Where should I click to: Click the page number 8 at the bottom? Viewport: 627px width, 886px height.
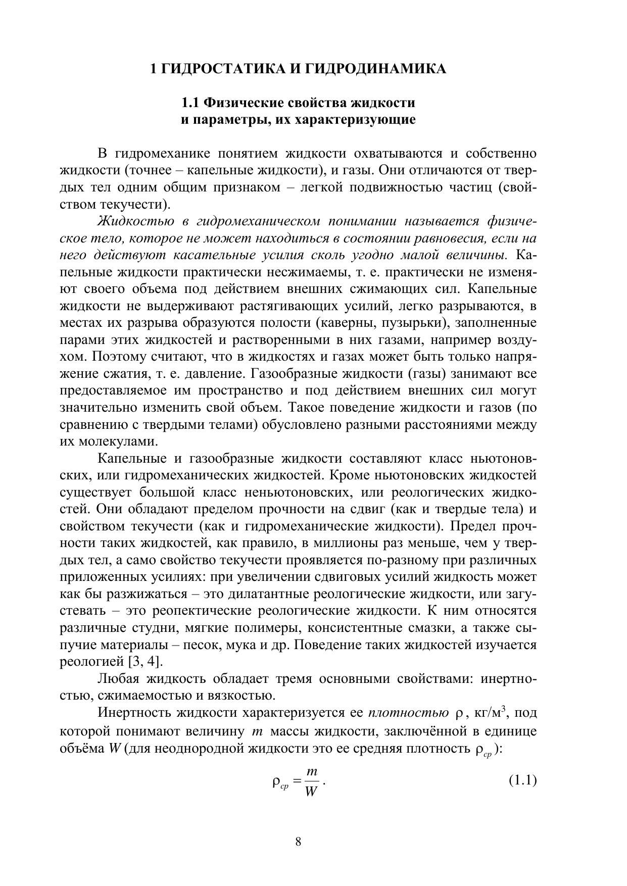pyautogui.click(x=298, y=842)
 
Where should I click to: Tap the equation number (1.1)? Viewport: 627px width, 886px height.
pyautogui.click(x=522, y=780)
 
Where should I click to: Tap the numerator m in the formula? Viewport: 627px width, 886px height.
pyautogui.click(x=312, y=772)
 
